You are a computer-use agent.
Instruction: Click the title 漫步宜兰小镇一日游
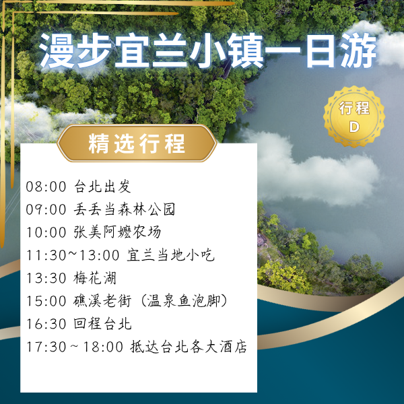coord(208,52)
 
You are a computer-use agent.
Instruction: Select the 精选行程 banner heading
coord(137,144)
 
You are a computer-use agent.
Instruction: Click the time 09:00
coord(46,209)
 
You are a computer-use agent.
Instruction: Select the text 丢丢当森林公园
coord(124,209)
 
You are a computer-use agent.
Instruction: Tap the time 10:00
coord(46,232)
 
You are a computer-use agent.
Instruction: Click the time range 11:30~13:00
coord(73,255)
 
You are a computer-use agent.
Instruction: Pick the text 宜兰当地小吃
coord(171,255)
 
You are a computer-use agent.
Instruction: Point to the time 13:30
coord(46,278)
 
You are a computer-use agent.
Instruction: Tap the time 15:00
coord(46,301)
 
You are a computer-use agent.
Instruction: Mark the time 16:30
coord(46,324)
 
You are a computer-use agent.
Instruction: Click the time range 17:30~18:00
coord(74,347)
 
